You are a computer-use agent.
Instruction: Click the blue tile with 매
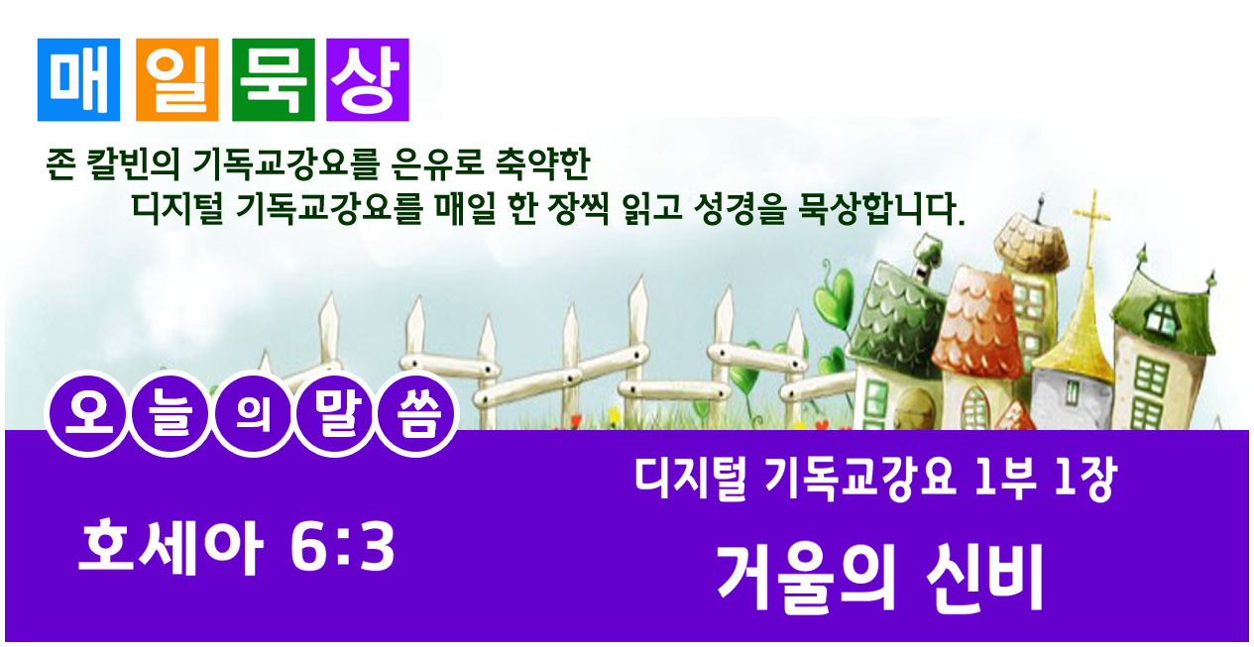point(78,79)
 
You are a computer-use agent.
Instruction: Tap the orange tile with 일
point(176,79)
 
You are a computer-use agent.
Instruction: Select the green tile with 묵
point(274,79)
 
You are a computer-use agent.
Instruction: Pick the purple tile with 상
point(368,79)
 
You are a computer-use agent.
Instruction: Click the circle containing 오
point(88,414)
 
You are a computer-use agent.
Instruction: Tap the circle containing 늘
point(171,414)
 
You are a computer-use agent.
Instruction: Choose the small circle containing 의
point(253,414)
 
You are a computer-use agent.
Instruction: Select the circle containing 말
point(335,414)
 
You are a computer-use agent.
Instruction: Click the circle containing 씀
point(417,414)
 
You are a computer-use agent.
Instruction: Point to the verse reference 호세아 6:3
point(237,547)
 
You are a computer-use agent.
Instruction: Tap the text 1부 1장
point(1045,480)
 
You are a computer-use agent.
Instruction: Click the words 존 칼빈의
point(113,164)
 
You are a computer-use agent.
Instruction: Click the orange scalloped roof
point(976,325)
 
